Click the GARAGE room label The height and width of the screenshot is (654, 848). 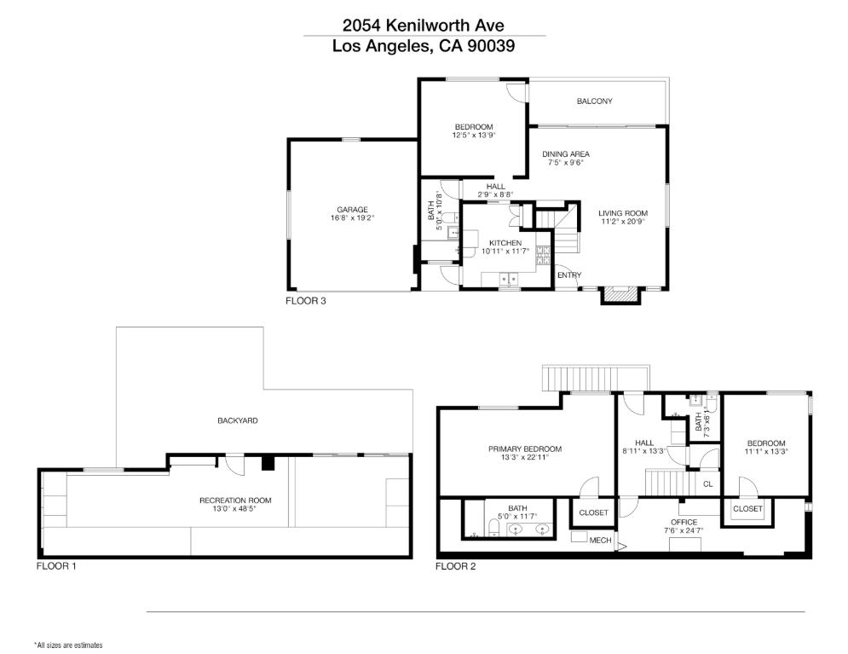click(352, 210)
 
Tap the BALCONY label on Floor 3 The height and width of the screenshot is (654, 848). click(594, 101)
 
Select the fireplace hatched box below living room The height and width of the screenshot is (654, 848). click(620, 293)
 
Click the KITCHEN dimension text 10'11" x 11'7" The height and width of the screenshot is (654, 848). click(505, 251)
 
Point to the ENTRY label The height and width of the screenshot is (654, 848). click(569, 275)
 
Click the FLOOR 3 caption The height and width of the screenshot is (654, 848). click(306, 301)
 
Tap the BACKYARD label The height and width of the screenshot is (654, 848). click(238, 420)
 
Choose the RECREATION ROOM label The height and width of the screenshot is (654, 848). click(235, 501)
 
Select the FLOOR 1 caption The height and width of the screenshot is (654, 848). click(56, 566)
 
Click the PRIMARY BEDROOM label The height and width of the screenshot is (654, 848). click(525, 449)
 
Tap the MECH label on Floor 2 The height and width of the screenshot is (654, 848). click(600, 541)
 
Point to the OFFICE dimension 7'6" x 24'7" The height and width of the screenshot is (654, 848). click(684, 530)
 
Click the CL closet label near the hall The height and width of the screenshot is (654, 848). click(708, 484)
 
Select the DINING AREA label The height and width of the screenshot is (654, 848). click(566, 154)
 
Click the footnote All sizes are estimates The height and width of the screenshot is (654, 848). click(68, 645)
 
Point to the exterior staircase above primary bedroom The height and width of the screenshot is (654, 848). click(596, 379)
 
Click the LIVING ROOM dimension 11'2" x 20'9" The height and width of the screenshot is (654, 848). click(623, 221)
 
